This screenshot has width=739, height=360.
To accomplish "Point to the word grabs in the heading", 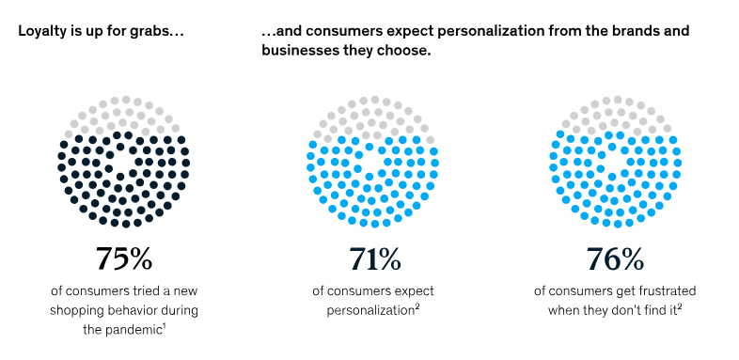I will pos(159,31).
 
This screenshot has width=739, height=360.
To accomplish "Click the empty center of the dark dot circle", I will pos(123,162).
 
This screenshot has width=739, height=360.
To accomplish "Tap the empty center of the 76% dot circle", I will pos(615,162).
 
